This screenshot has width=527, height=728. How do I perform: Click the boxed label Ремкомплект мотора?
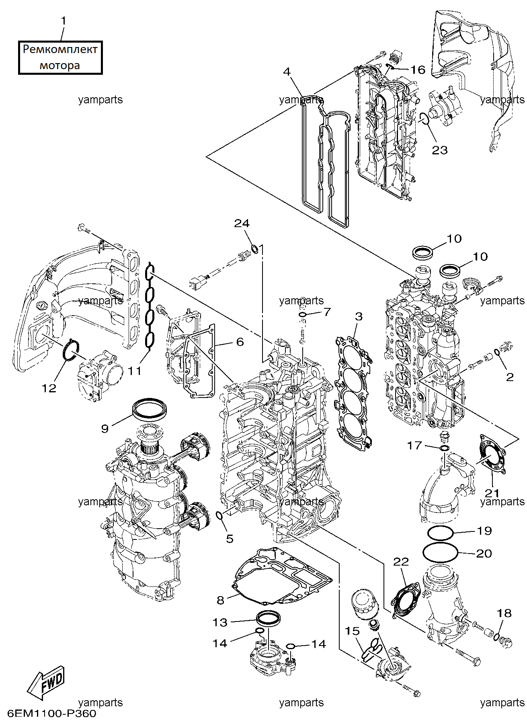(60, 57)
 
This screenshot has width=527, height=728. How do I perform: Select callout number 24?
(242, 224)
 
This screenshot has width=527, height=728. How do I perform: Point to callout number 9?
(105, 429)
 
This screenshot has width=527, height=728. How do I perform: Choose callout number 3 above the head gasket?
(359, 317)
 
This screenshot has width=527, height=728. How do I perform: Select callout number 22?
(401, 562)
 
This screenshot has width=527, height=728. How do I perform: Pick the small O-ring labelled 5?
(220, 515)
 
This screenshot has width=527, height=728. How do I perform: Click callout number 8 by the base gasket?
(220, 600)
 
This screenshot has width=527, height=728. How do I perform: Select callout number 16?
(418, 70)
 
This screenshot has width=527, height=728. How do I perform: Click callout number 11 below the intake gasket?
(135, 370)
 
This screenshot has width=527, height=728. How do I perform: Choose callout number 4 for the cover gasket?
(287, 72)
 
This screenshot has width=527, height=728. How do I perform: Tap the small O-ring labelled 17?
(444, 448)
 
